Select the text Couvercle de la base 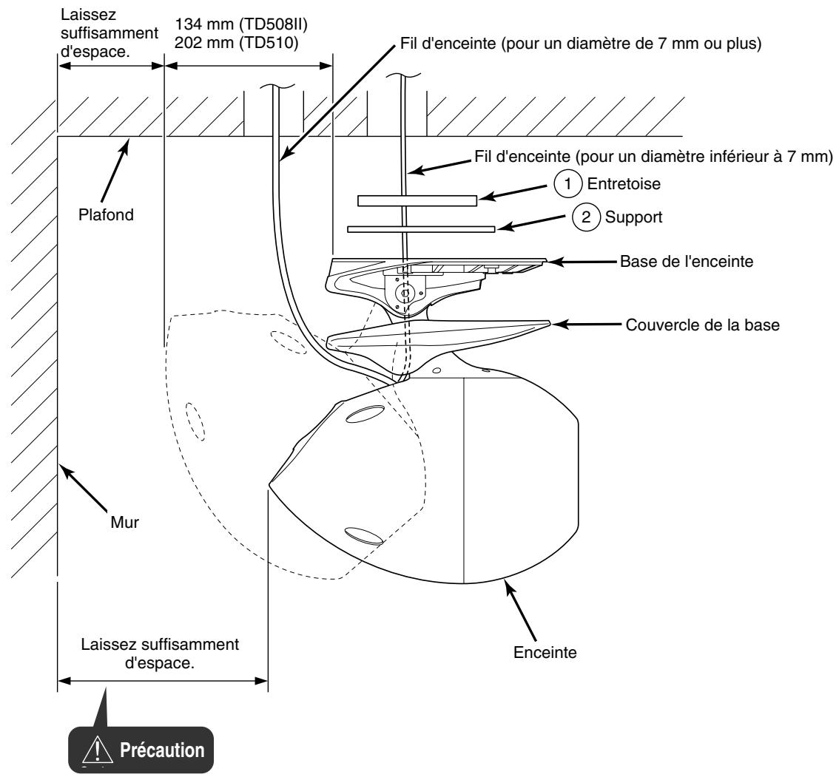[701, 325]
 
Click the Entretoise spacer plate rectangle [417, 200]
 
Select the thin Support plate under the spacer [420, 229]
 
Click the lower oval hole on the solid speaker [363, 534]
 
